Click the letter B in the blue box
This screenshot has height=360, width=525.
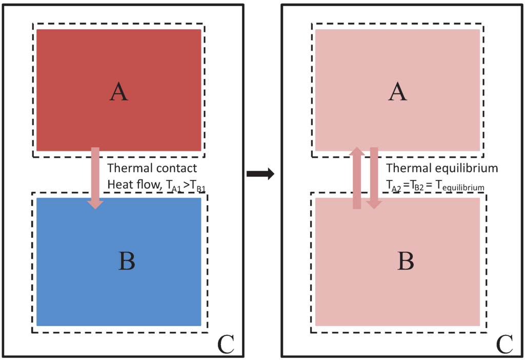point(126,261)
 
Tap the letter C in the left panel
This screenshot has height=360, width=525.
point(226,344)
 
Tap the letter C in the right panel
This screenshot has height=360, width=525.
point(504,344)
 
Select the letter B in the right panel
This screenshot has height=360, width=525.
point(405,261)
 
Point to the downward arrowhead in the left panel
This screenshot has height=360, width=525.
point(95,204)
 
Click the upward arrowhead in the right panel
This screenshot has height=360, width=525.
point(357,152)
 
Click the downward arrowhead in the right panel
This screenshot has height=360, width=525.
point(374,204)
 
